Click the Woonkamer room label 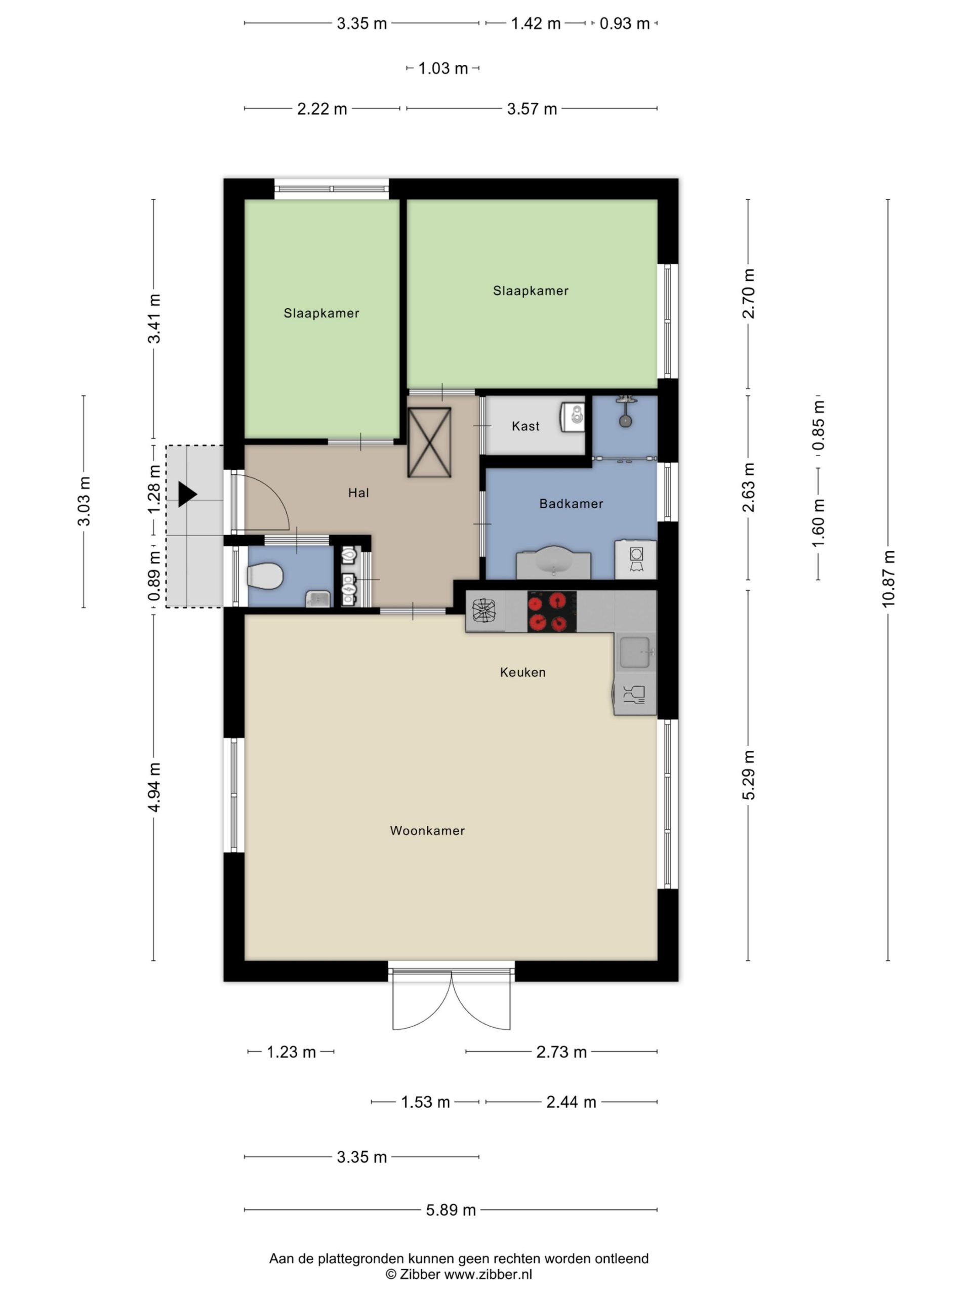coord(427,830)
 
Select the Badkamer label coord(571,503)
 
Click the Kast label coord(525,426)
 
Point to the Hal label coord(358,493)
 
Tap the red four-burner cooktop coord(552,611)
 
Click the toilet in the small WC coord(265,576)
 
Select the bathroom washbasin coord(553,561)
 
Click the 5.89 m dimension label coord(451,1210)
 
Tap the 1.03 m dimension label coord(443,68)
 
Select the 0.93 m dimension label coord(625,23)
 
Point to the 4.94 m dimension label coord(154,787)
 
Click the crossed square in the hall coord(429,442)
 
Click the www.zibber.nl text coord(488,1274)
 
